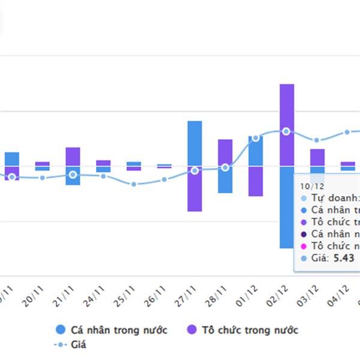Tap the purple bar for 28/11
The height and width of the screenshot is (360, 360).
(225, 152)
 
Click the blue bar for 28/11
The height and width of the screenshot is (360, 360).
(225, 179)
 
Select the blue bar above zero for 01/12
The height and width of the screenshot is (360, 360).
(256, 151)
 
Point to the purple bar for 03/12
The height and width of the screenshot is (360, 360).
(317, 157)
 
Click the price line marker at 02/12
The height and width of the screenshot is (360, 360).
(286, 131)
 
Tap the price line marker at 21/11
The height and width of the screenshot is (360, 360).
(73, 175)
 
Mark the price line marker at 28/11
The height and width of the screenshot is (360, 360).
(225, 167)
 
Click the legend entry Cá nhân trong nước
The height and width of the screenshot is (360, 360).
(112, 329)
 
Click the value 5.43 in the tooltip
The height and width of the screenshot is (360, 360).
(344, 259)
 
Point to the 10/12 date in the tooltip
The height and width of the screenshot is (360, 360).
(312, 186)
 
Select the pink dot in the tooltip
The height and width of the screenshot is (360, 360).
(304, 246)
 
